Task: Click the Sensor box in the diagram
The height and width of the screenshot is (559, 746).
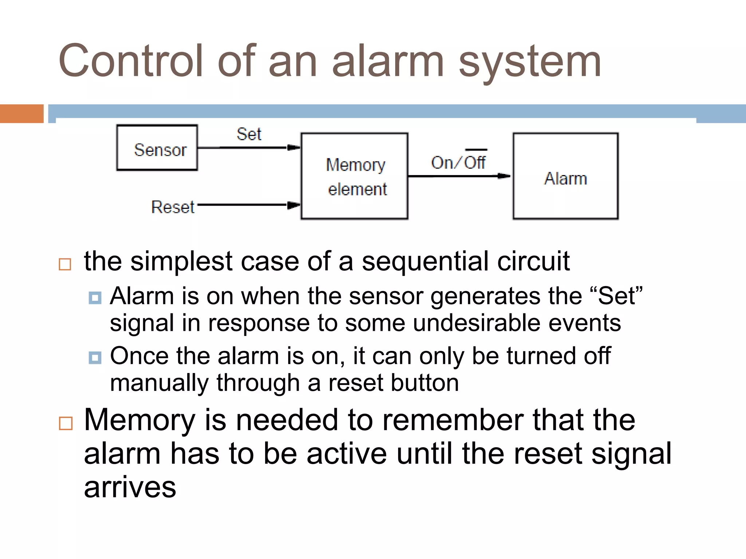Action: (x=157, y=147)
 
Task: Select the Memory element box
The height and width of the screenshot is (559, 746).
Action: (x=354, y=176)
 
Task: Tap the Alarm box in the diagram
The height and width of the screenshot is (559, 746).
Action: (x=565, y=176)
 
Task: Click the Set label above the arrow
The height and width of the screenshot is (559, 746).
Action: (x=249, y=134)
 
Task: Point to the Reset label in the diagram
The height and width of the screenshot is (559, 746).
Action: (x=173, y=207)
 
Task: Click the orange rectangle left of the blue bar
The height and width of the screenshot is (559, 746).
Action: (x=21, y=114)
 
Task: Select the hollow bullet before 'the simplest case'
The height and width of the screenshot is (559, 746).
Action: (x=65, y=264)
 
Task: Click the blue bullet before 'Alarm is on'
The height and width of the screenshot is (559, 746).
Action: (x=95, y=298)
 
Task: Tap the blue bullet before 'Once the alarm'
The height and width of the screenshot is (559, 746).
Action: (x=95, y=357)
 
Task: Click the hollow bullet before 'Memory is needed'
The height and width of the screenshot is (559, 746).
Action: (x=66, y=423)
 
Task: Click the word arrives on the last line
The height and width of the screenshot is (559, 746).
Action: (x=130, y=487)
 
